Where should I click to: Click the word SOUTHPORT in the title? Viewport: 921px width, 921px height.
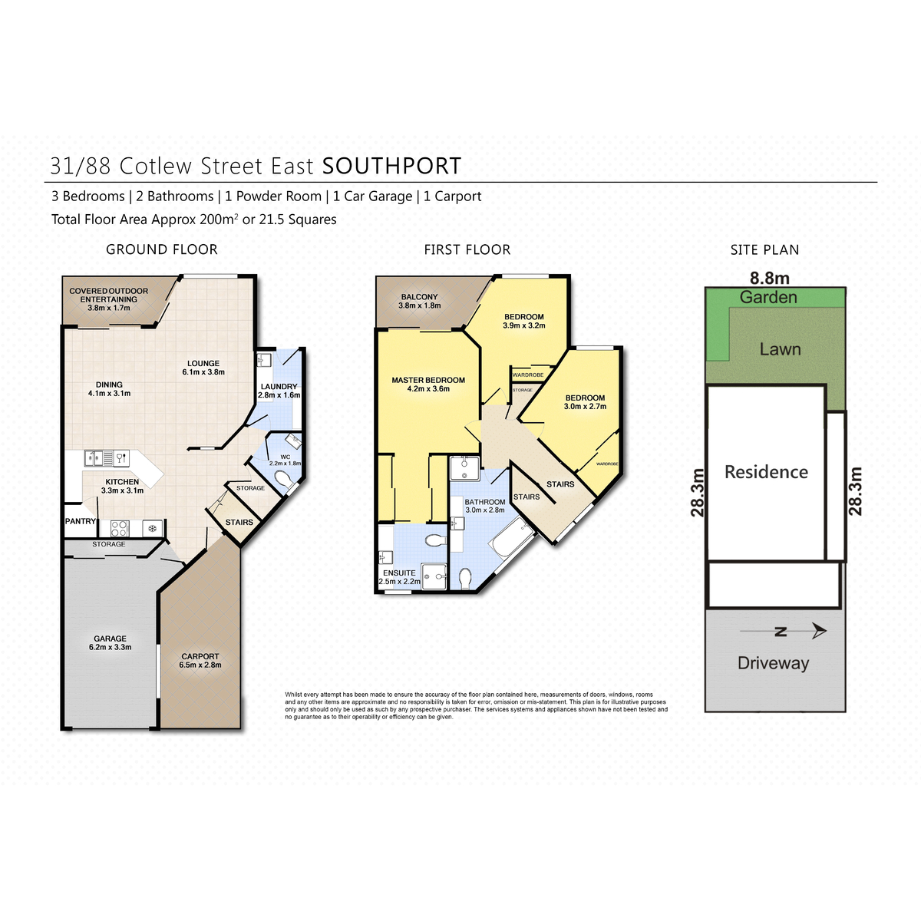391,166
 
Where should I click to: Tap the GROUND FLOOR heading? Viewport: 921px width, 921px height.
162,249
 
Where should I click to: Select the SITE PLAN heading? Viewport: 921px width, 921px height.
764,249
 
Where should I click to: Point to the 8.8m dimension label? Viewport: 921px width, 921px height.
769,279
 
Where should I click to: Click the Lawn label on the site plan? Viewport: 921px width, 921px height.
780,349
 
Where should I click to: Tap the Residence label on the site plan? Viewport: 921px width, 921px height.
766,472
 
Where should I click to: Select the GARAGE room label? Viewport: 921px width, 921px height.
111,639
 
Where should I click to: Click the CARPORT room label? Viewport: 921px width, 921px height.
200,657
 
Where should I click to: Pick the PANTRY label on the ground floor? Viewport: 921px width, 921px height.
81,521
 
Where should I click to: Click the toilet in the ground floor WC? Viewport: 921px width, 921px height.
282,482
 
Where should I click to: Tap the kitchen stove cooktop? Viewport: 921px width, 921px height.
120,528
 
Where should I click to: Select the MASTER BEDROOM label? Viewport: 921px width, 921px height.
428,380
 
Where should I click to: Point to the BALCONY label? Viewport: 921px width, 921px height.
419,297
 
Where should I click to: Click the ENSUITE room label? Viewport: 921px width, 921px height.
399,573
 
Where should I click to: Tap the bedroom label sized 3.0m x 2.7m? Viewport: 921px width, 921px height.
585,398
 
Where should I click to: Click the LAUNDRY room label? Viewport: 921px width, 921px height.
279,387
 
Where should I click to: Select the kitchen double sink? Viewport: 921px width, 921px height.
96,458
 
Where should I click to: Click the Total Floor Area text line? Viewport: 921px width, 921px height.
194,220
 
